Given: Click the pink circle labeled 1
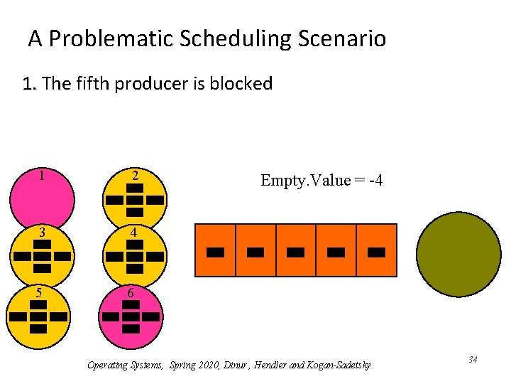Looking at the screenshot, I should pos(42,198).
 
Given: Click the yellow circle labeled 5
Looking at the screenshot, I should pos(38,316).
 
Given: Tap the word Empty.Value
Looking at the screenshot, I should pos(305,180).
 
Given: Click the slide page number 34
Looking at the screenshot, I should pos(473,361).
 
